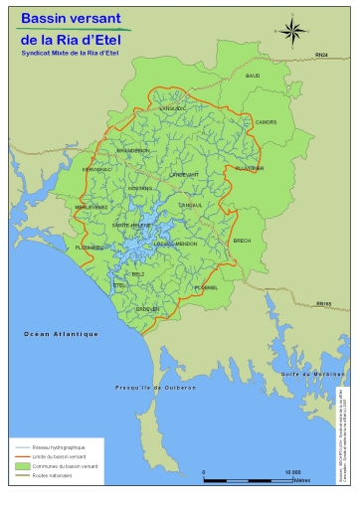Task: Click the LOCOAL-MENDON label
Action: coord(175,244)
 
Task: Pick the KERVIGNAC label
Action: coord(97,169)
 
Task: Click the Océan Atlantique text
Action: coord(61,335)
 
